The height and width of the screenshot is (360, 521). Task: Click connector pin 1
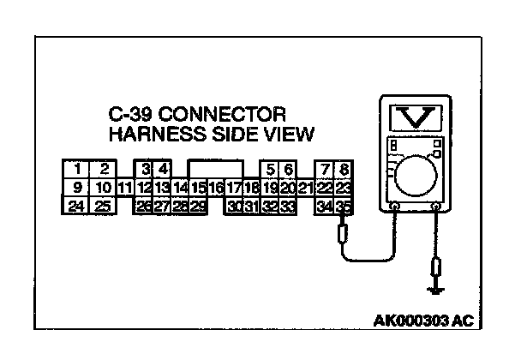[78, 169]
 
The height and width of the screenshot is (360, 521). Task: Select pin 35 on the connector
[343, 206]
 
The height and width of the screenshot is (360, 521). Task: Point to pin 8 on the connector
[343, 169]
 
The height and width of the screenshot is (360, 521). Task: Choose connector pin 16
[216, 188]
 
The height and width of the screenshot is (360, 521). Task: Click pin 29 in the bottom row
[198, 206]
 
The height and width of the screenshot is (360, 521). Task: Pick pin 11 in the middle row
[124, 188]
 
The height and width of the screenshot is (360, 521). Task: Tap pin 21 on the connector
[306, 188]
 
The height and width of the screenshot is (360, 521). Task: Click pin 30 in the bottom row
[234, 206]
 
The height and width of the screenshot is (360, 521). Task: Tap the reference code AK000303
[411, 322]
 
